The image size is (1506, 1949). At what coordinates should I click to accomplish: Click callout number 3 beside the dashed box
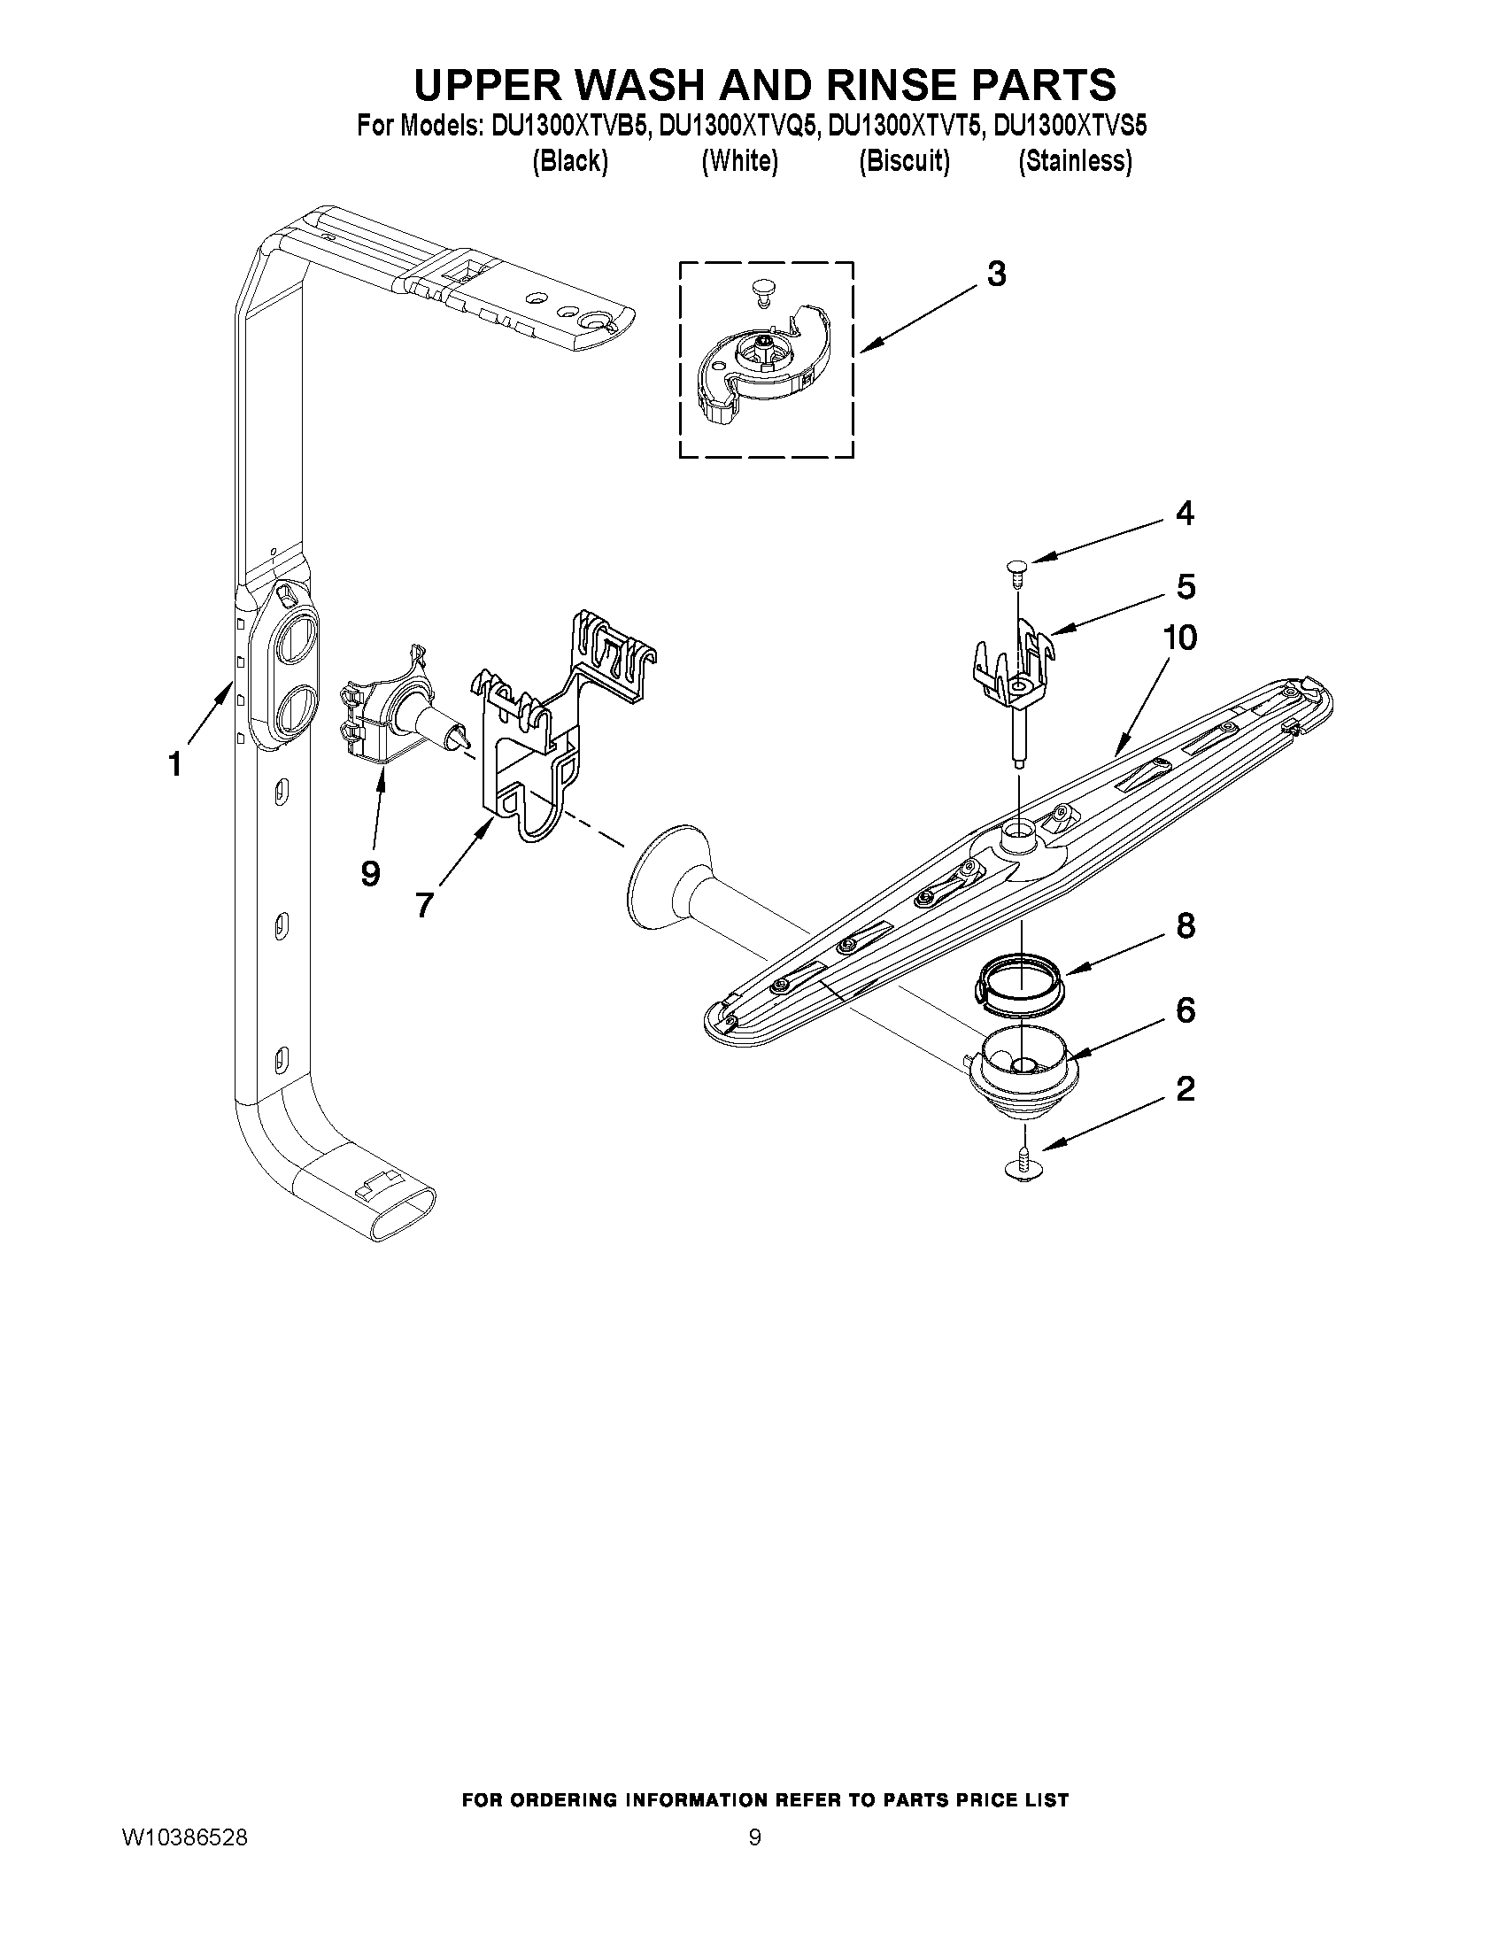tap(996, 274)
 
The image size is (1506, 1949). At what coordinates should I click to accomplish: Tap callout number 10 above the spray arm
tap(1179, 638)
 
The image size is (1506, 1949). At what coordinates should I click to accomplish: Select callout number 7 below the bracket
tap(424, 905)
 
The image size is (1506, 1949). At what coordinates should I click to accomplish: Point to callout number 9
tap(369, 874)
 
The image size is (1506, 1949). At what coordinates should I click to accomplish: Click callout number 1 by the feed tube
tap(175, 765)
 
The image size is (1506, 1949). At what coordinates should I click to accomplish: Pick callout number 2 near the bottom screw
tap(1185, 1088)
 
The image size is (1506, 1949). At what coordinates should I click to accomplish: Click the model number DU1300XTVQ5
tap(738, 126)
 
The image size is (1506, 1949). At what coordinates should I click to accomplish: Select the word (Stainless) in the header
tap(1075, 161)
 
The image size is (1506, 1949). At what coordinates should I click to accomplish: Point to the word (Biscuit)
tap(904, 161)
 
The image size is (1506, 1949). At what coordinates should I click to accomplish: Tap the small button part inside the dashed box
tap(762, 290)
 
